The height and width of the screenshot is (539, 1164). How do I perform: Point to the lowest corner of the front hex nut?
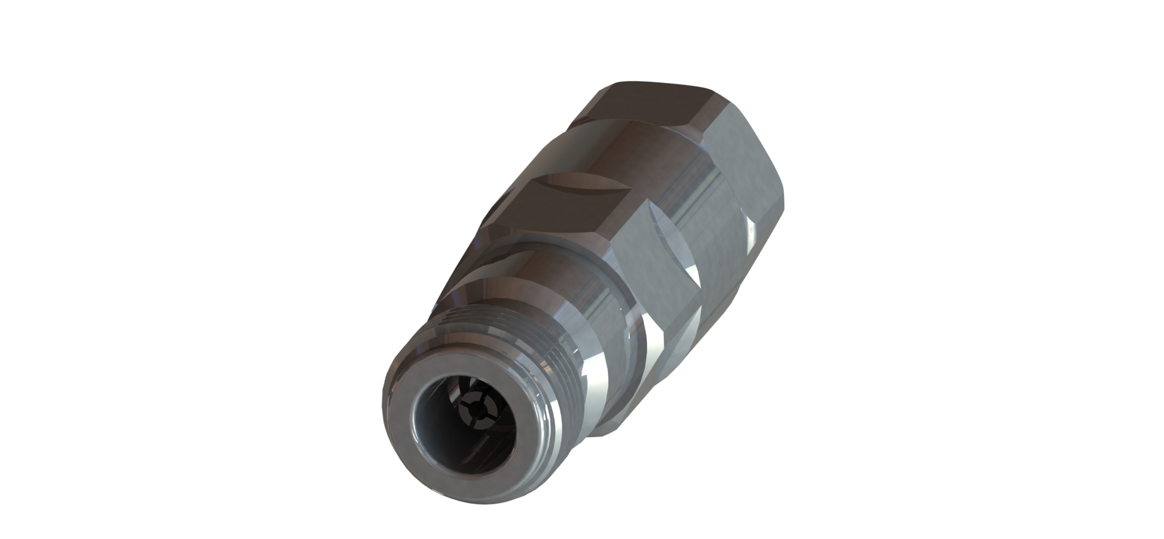[x=606, y=434]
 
